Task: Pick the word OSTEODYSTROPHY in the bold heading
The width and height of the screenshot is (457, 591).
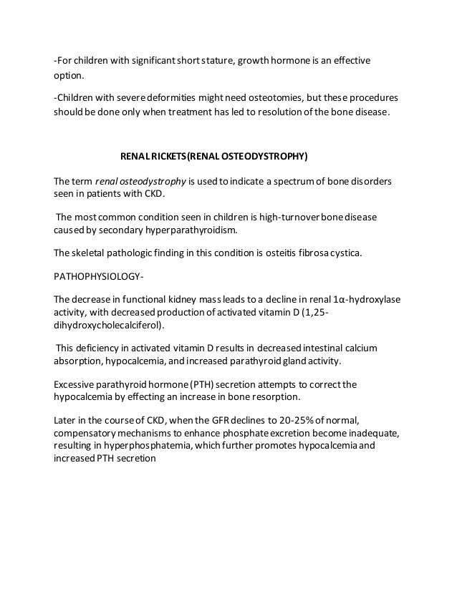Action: (258, 154)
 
